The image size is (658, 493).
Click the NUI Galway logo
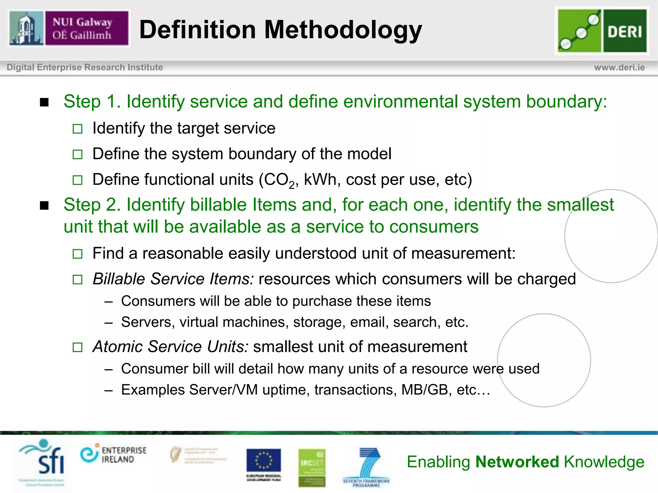(69, 28)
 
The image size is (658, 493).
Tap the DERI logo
(602, 31)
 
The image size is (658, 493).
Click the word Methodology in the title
(343, 30)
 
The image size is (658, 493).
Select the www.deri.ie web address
(619, 67)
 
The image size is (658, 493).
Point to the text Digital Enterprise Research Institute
(85, 67)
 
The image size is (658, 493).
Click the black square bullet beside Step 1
(44, 102)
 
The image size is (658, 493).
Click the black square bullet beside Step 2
(44, 205)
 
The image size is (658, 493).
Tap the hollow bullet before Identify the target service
(77, 129)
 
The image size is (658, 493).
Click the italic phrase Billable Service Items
(173, 279)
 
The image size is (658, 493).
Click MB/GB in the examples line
(424, 390)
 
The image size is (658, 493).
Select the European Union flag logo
(263, 461)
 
